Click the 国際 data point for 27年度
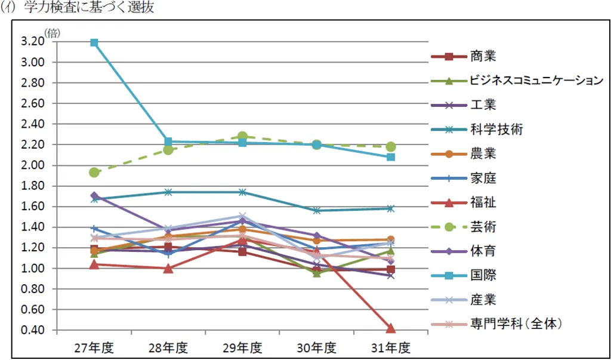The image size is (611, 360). point(94,42)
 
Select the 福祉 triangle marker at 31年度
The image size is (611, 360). point(391,328)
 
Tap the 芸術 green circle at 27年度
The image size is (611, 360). point(94,172)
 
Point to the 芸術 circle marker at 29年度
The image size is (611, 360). point(242,137)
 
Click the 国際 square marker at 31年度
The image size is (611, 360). point(391,157)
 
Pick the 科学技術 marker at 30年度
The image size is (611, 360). point(317,211)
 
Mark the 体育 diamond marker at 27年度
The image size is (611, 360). point(94,195)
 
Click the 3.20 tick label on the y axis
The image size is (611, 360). point(32,41)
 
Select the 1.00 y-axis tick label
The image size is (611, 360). point(32,268)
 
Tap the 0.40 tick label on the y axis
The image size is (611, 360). point(32,330)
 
